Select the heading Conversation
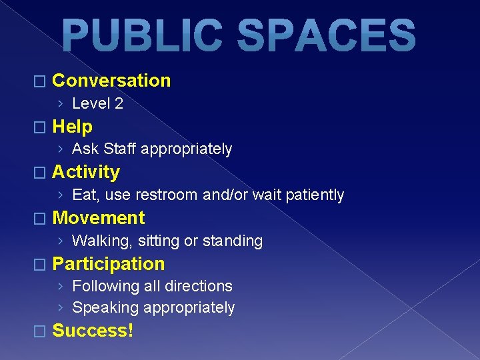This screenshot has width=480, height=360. click(x=111, y=81)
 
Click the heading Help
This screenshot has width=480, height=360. click(x=72, y=127)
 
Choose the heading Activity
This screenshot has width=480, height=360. click(x=86, y=172)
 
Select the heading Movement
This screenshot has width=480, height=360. click(x=98, y=218)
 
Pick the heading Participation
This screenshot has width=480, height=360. click(x=108, y=264)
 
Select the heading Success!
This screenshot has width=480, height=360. click(x=93, y=330)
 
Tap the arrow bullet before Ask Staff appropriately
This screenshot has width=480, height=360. click(x=61, y=149)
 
